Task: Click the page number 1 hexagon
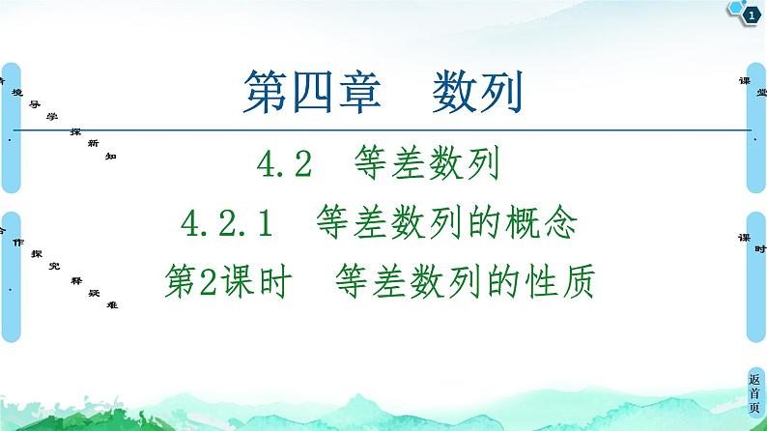tap(751, 11)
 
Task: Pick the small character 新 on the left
tap(92, 142)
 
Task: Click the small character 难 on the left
tap(111, 304)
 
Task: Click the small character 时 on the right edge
tap(760, 248)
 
